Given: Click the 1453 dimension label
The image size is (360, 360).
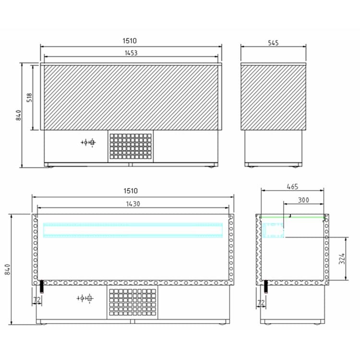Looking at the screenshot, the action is point(131,53).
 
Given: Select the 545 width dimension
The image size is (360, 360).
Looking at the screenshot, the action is point(273,43).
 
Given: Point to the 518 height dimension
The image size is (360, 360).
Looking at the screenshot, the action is point(29,97).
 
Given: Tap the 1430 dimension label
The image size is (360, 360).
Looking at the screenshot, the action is point(133,204).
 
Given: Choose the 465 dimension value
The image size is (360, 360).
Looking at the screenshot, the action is point(292,187).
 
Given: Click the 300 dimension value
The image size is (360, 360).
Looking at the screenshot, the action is point(303,200).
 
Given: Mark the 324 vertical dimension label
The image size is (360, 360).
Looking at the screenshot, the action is point(342,259).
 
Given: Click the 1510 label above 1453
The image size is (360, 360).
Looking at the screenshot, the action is point(130,41).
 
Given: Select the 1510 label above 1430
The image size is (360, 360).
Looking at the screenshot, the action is point(131,191).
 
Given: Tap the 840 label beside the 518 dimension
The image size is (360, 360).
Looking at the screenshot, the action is point(19,115).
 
